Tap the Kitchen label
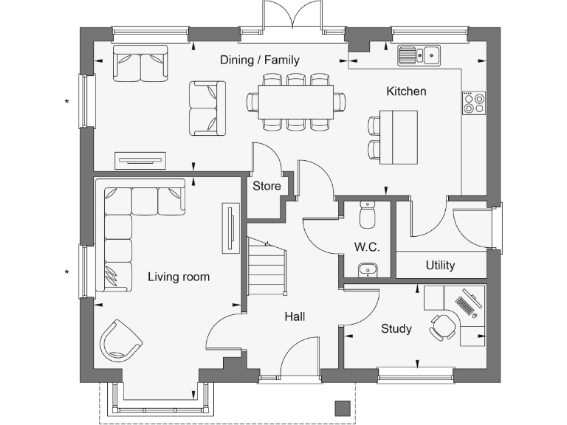(x=406, y=91)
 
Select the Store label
(x=267, y=186)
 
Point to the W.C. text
(x=367, y=247)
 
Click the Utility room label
(x=440, y=265)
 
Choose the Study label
(x=396, y=328)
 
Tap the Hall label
(x=295, y=317)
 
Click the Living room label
(x=179, y=277)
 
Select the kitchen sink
(x=419, y=55)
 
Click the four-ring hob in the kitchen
(x=474, y=103)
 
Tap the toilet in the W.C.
(x=367, y=215)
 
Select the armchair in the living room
(x=120, y=340)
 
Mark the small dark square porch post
(x=343, y=407)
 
